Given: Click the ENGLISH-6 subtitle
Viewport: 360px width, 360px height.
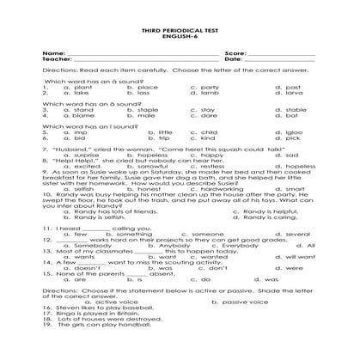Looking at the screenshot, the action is [x=180, y=35].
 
